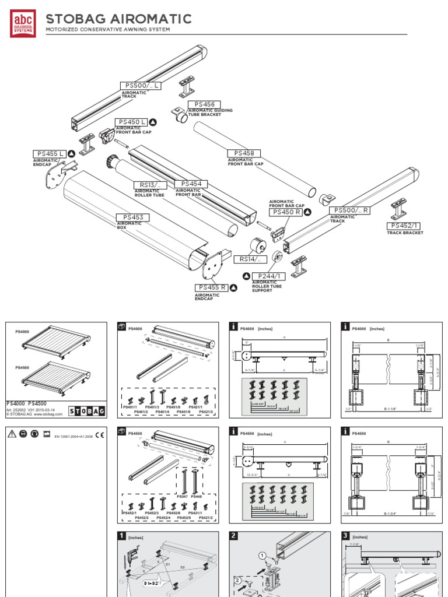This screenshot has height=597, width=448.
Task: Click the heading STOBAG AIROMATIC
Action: pos(118,19)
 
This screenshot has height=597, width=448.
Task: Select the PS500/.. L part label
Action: pos(141,86)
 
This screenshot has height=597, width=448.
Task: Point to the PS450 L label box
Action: pos(131,122)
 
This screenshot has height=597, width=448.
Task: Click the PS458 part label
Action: pos(244,153)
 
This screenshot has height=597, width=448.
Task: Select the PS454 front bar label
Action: pos(191,184)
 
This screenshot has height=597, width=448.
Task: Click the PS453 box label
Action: pos(132,217)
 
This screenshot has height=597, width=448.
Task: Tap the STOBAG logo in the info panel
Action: pos(87,411)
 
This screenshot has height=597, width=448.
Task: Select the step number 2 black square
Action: pos(234,536)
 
